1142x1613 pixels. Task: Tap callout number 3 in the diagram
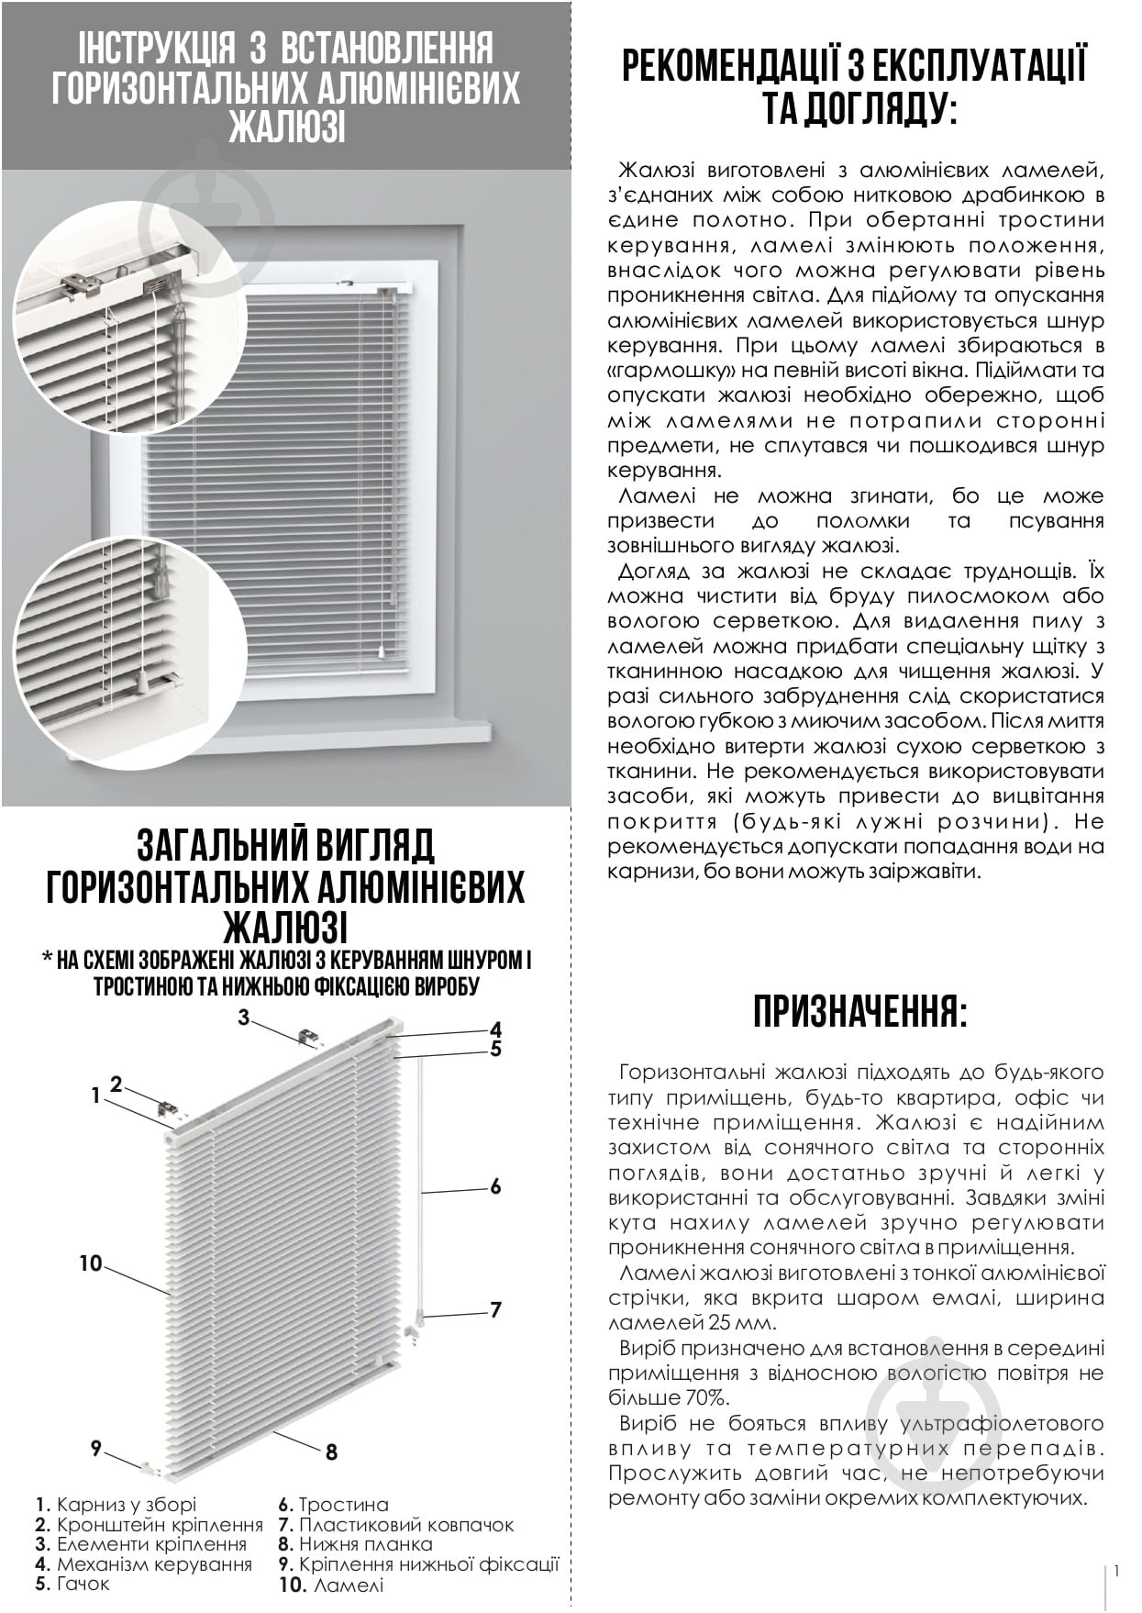click(244, 1017)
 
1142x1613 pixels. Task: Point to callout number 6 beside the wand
click(495, 1187)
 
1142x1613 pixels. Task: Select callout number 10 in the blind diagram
click(90, 1263)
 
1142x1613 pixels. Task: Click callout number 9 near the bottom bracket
click(95, 1448)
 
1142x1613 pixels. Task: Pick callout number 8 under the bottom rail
click(331, 1452)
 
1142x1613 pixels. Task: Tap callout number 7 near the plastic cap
click(495, 1310)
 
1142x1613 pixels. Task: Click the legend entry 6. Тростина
click(334, 1505)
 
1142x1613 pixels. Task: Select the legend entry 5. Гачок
click(72, 1584)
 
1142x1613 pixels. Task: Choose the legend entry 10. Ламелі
click(332, 1585)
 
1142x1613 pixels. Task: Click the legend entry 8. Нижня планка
click(356, 1545)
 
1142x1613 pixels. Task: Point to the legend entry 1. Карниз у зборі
click(116, 1505)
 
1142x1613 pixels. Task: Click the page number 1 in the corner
click(1116, 1572)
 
